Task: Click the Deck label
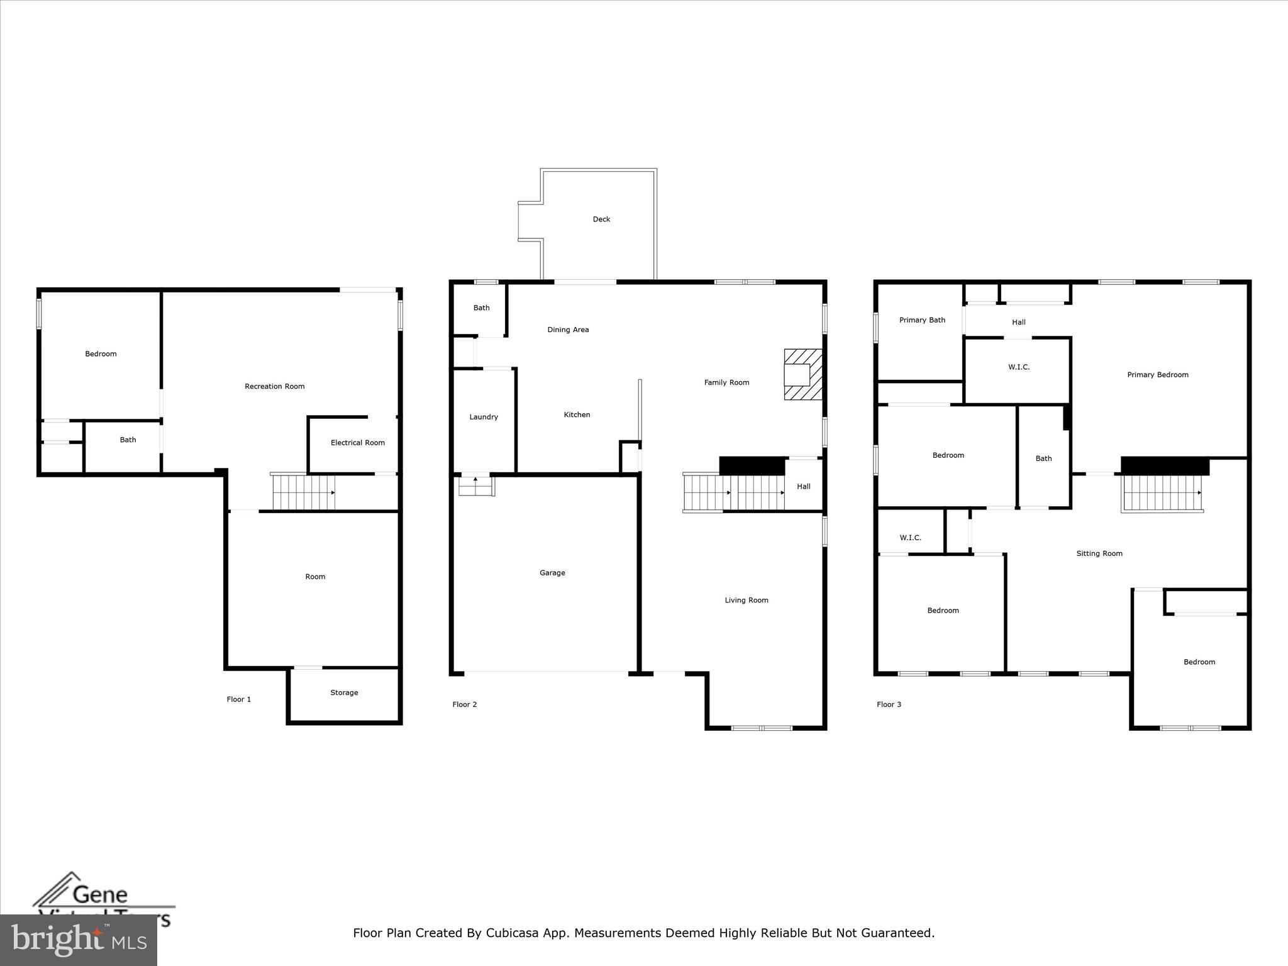tap(601, 219)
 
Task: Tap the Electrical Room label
tap(357, 443)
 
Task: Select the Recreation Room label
tap(274, 387)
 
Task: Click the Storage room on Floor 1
tap(344, 693)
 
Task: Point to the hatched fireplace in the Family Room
tap(802, 374)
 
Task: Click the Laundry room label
tap(483, 417)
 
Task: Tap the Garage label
tap(552, 573)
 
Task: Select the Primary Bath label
tap(921, 320)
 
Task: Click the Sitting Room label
tap(1099, 554)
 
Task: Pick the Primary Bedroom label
tap(1157, 375)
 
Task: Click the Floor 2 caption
tap(464, 704)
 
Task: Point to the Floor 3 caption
tap(889, 704)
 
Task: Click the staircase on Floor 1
tap(303, 492)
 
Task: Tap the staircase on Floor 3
tap(1162, 493)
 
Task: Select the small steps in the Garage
tap(475, 486)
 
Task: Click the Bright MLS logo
tap(78, 940)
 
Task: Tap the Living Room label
tap(746, 601)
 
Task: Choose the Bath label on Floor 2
tap(481, 308)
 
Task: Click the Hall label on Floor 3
tap(1018, 323)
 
